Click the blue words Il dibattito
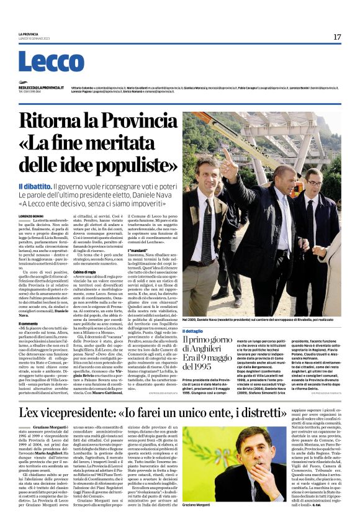coord(35,186)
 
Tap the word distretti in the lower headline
coord(310,412)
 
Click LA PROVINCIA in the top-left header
coord(29,33)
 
